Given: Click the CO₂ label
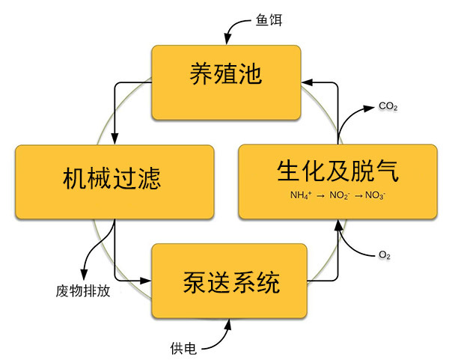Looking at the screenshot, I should point(388,108).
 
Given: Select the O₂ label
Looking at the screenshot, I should point(385,255).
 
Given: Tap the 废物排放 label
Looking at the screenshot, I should point(83,290).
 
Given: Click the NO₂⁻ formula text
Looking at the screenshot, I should point(340,195).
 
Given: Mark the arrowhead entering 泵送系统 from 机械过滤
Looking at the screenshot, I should point(147,282).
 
